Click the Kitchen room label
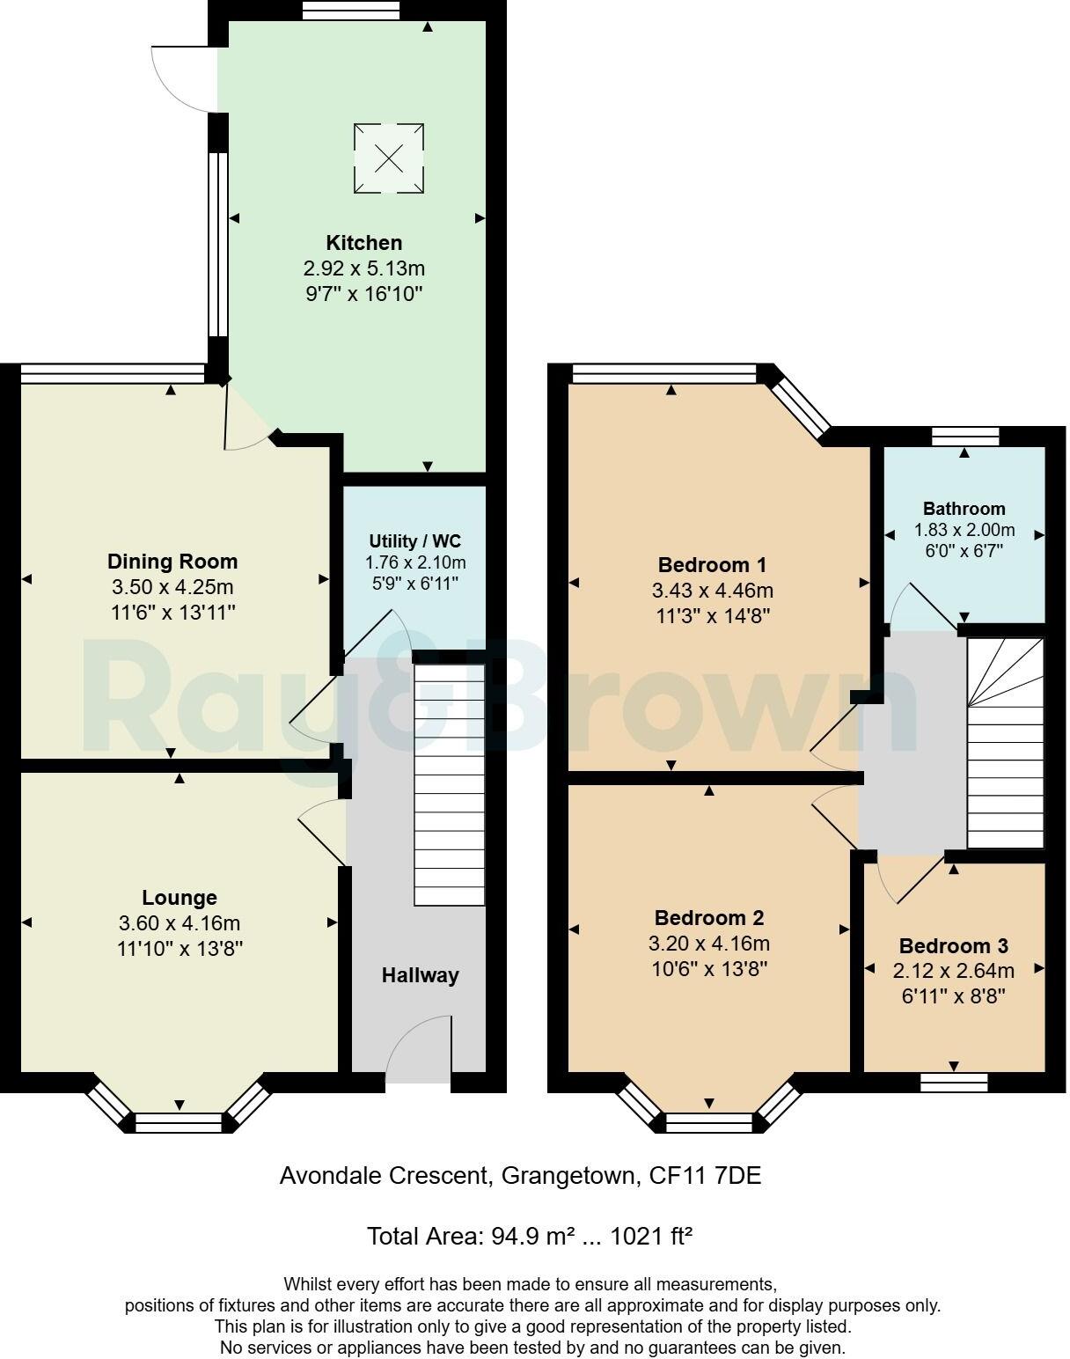pyautogui.click(x=363, y=243)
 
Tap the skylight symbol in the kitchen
pyautogui.click(x=389, y=158)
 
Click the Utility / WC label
pyautogui.click(x=414, y=541)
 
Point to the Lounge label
pyautogui.click(x=180, y=898)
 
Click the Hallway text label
pyautogui.click(x=420, y=975)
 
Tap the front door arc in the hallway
pyautogui.click(x=417, y=1047)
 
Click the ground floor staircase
pyautogui.click(x=450, y=783)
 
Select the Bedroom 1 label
pyautogui.click(x=713, y=564)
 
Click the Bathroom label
pyautogui.click(x=964, y=509)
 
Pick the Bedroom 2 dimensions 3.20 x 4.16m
pyautogui.click(x=709, y=944)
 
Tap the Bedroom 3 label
pyautogui.click(x=953, y=946)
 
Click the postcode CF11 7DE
pyautogui.click(x=704, y=1176)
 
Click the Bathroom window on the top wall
pyautogui.click(x=965, y=436)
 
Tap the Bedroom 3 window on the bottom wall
pyautogui.click(x=954, y=1082)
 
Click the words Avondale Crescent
pyautogui.click(x=383, y=1176)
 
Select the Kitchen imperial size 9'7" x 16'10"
pyautogui.click(x=363, y=294)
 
